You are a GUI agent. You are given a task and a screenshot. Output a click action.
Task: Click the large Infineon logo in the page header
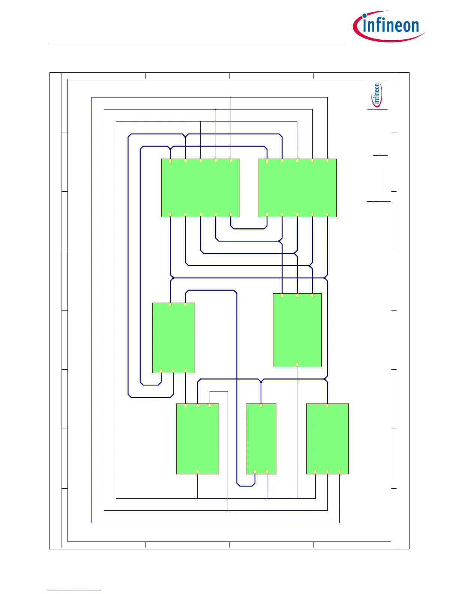389,26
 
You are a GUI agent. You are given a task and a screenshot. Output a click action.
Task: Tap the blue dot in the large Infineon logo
365,16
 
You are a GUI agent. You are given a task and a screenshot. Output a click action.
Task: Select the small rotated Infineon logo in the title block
376,94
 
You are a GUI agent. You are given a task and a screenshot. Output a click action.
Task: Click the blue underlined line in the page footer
74,591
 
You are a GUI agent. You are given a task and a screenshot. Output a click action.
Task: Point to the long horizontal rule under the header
196,43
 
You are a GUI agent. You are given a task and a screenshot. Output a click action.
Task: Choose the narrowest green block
261,439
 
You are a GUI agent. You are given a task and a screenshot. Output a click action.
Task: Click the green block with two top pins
173,337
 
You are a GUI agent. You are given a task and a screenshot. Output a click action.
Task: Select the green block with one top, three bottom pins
327,439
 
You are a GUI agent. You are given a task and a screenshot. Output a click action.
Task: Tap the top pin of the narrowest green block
261,406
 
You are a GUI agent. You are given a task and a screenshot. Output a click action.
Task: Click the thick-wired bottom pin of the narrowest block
255,472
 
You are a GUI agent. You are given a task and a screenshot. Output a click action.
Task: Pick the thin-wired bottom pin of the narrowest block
267,472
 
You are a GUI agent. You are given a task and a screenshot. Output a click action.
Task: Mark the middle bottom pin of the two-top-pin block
173,370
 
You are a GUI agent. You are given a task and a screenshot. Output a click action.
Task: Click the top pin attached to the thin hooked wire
210,406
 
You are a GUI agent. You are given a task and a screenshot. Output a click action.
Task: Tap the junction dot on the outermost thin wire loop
231,97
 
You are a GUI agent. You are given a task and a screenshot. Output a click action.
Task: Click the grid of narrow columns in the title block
381,178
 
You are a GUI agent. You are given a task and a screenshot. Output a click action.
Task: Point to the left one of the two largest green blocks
201,187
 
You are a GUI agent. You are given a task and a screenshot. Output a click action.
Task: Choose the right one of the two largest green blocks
297,187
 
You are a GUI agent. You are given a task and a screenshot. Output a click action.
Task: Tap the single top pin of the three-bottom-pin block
327,406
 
